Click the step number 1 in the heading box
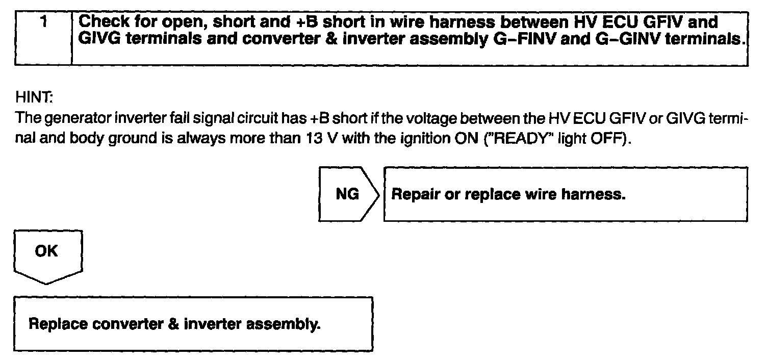point(45,22)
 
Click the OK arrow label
point(46,251)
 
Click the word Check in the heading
point(105,22)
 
